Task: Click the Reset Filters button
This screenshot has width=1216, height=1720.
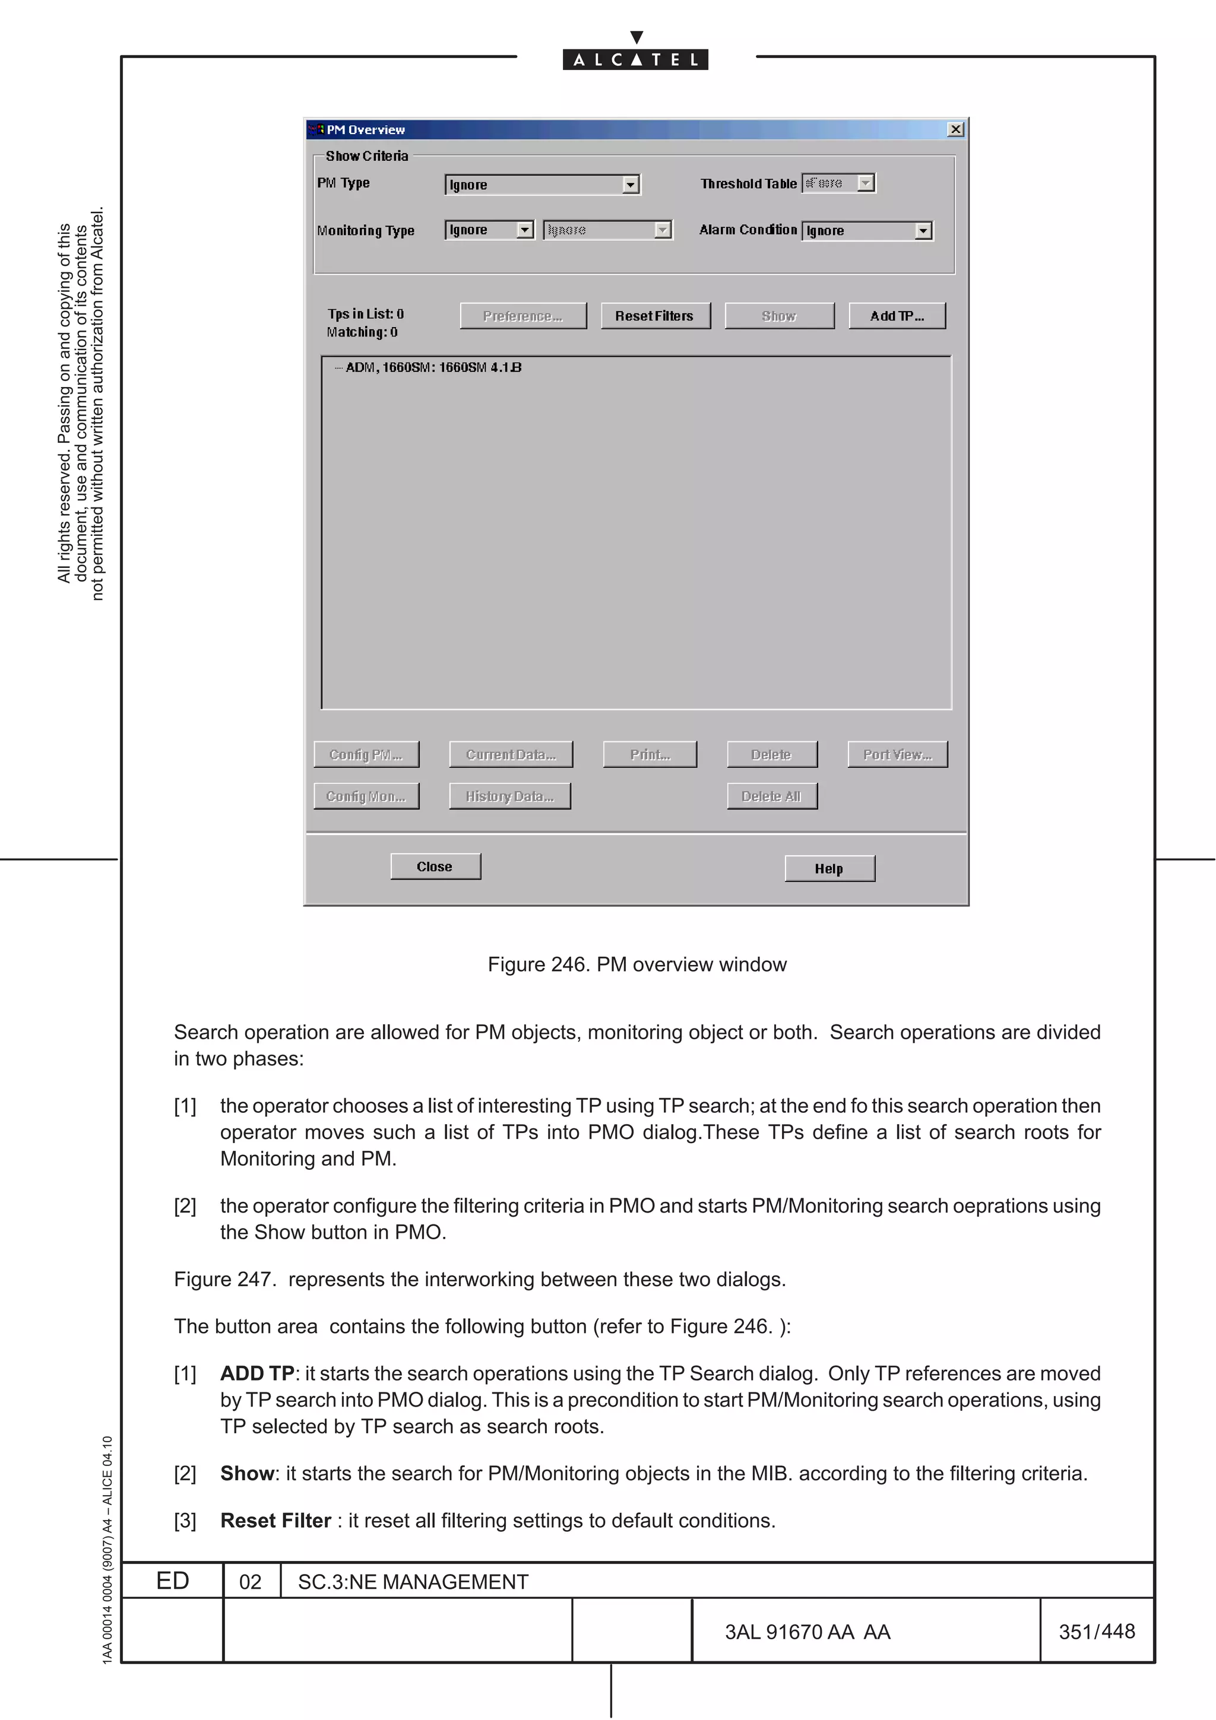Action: (655, 316)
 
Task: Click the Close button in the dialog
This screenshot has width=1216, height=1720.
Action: (435, 867)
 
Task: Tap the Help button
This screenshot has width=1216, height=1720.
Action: (829, 869)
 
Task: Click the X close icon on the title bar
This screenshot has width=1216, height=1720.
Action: (955, 129)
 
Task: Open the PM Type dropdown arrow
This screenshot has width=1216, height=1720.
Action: (631, 185)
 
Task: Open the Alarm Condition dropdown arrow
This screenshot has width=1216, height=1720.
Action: (923, 231)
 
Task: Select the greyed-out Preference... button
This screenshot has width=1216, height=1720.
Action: (523, 316)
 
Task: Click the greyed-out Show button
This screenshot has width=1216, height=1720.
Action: (779, 316)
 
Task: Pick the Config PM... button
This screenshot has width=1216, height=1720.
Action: (366, 754)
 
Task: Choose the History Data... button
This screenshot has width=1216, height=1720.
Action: (509, 796)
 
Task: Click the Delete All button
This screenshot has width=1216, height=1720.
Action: (772, 796)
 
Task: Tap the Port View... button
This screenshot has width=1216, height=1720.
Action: (898, 754)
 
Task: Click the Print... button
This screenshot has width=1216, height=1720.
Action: (650, 754)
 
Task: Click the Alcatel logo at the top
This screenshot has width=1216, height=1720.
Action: (635, 59)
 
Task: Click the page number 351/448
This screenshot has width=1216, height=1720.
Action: (1097, 1632)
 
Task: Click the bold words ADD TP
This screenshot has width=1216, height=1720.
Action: (257, 1373)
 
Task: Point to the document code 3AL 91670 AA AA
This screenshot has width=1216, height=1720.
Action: (807, 1632)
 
